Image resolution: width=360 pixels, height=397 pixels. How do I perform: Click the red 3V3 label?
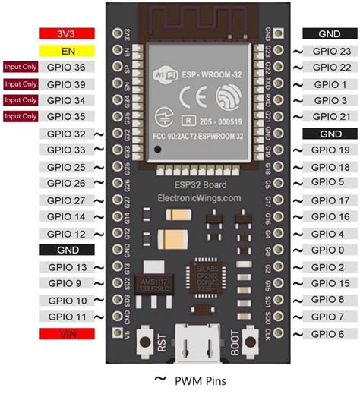click(67, 34)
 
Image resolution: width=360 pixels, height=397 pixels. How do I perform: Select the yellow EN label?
click(67, 51)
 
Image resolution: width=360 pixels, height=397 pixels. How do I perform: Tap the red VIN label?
click(67, 333)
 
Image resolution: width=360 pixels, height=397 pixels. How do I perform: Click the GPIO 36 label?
click(66, 68)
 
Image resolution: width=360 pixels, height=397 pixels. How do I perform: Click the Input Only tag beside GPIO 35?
click(21, 117)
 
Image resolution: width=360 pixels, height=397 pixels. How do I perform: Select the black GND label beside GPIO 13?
click(67, 250)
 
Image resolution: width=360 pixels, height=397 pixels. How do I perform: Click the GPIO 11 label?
click(66, 316)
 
